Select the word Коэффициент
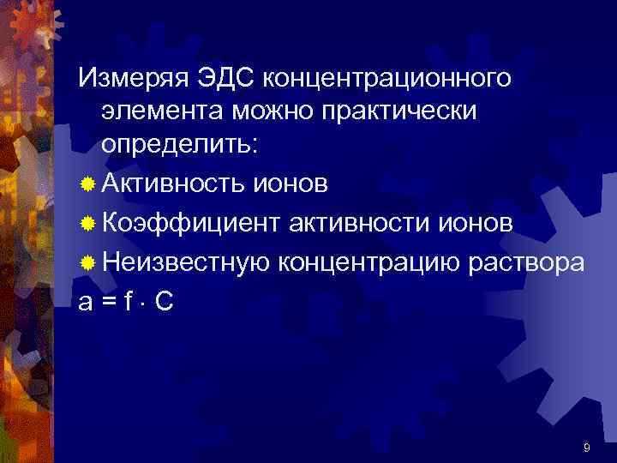pos(189,223)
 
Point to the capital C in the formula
pos(165,301)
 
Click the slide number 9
pos(585,447)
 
